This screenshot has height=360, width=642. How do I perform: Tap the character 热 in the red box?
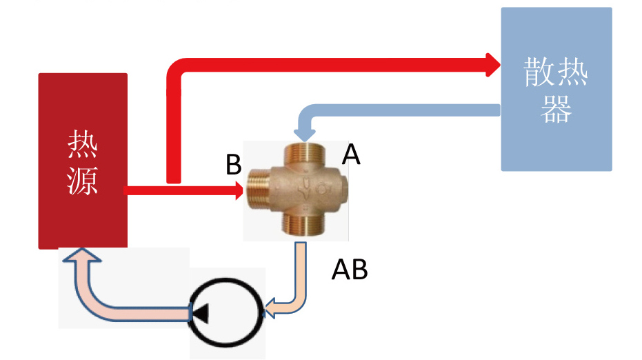[83, 145]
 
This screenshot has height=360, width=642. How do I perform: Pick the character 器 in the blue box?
[556, 108]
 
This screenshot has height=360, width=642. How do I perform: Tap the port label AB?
[350, 270]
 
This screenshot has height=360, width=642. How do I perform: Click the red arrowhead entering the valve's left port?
[239, 190]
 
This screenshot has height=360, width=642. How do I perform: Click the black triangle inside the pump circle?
[201, 314]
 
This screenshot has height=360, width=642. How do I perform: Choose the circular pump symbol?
[227, 313]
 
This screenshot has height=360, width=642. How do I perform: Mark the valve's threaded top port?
[301, 152]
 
